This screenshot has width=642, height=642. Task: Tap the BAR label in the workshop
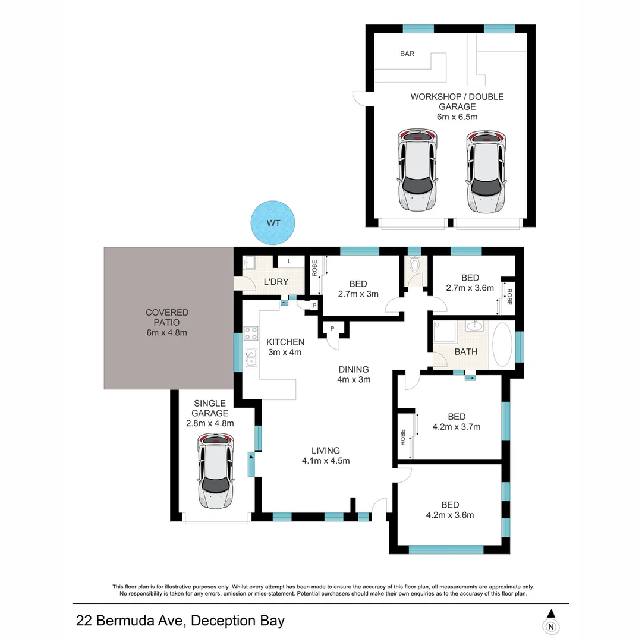(407, 53)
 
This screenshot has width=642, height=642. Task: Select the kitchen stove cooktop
(250, 333)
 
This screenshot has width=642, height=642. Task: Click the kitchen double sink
(250, 357)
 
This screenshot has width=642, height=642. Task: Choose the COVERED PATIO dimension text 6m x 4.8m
(167, 332)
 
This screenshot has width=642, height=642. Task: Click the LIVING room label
(325, 450)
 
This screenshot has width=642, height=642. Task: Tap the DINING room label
(354, 369)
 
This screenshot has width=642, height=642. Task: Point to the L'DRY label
(276, 282)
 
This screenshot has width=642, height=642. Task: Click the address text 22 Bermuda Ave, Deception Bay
(180, 621)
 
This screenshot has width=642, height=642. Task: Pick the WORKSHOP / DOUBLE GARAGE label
(457, 102)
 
